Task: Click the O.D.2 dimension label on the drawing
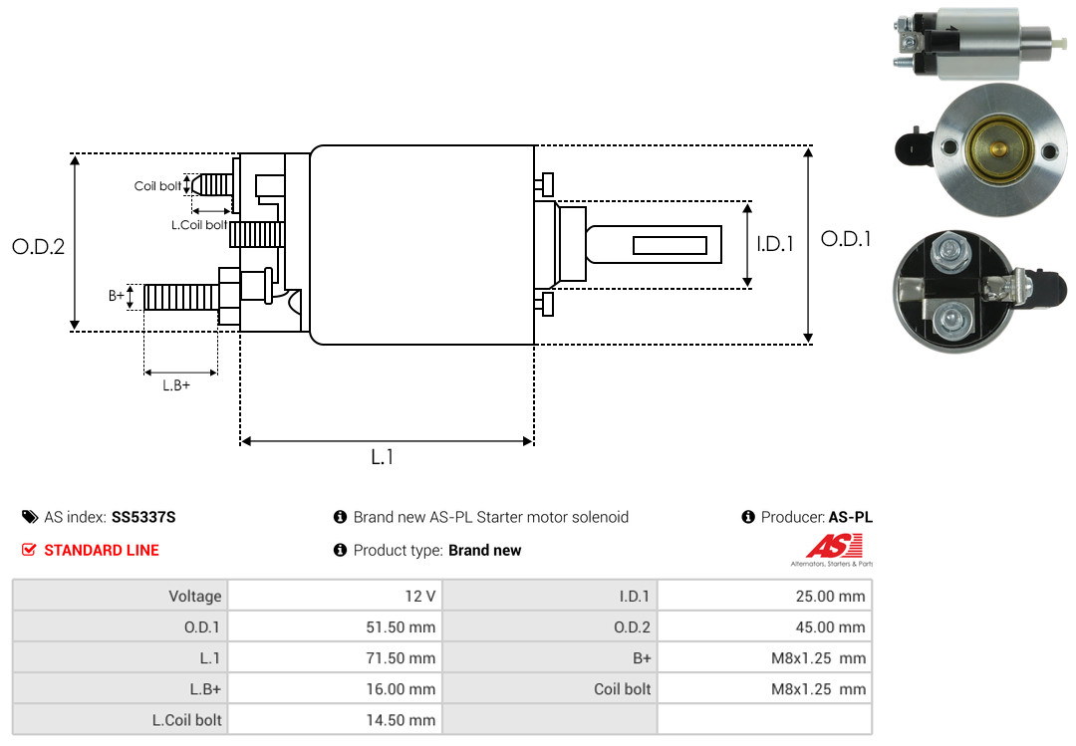click(x=39, y=247)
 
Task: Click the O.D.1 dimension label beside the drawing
click(x=846, y=239)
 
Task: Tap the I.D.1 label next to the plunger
click(x=775, y=244)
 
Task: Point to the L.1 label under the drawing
click(x=383, y=457)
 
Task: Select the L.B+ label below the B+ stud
click(x=176, y=385)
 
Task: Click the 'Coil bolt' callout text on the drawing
click(x=157, y=186)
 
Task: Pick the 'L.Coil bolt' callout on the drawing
click(x=199, y=225)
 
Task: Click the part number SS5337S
click(x=143, y=517)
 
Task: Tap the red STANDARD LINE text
click(x=102, y=551)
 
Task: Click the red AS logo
click(x=835, y=547)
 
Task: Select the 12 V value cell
click(x=335, y=596)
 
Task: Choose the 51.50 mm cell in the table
click(x=335, y=626)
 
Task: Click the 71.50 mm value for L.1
click(x=335, y=657)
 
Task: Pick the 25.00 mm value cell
click(x=764, y=596)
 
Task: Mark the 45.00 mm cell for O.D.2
click(x=764, y=626)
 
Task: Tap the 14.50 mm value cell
click(x=335, y=720)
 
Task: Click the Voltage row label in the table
click(x=195, y=596)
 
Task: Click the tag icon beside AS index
click(x=30, y=517)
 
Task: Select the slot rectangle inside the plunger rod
click(x=670, y=245)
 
